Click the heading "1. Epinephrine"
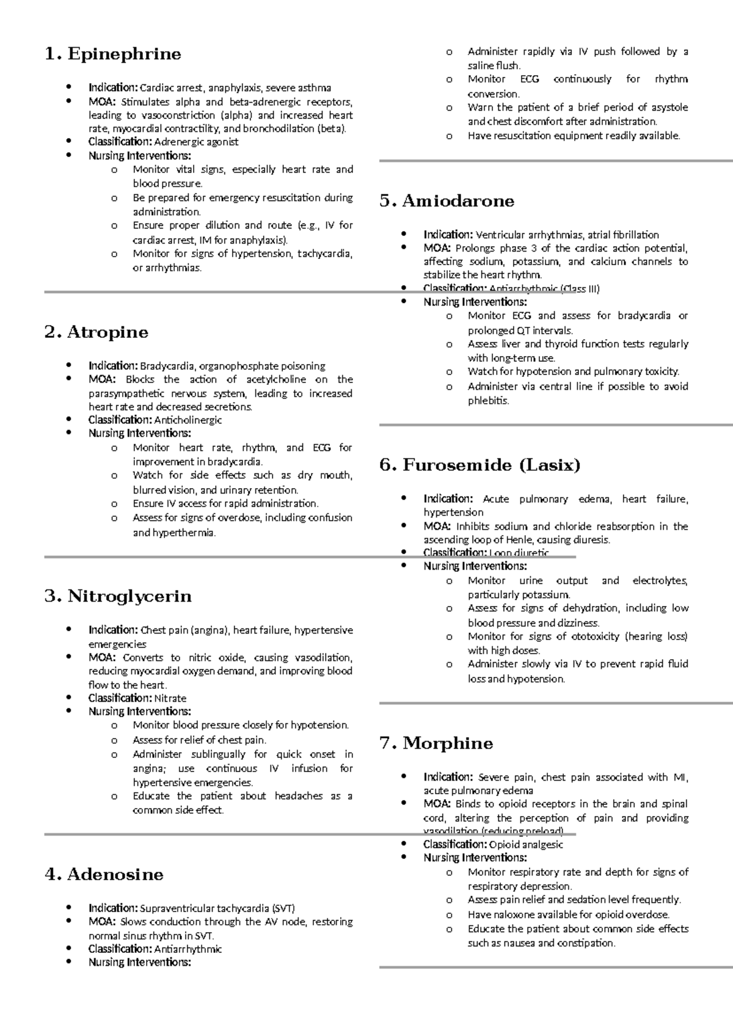[113, 54]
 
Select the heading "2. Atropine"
[97, 332]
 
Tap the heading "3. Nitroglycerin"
[118, 596]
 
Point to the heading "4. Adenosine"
[104, 874]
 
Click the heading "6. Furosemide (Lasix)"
[480, 465]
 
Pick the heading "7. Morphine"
[436, 743]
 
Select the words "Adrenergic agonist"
[196, 142]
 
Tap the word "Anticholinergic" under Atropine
[188, 420]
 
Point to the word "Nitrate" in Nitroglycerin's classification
[170, 698]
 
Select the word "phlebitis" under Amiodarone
[488, 401]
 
